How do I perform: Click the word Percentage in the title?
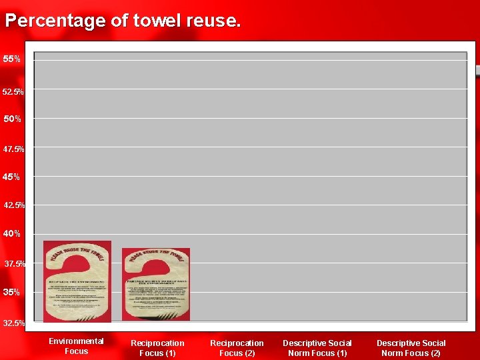click(x=55, y=21)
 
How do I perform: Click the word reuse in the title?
click(x=215, y=21)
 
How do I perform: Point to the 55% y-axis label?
click(x=11, y=59)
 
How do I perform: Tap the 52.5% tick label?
click(x=14, y=91)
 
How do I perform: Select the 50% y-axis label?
click(x=12, y=119)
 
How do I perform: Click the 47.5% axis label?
click(x=14, y=149)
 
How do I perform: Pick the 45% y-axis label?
click(x=12, y=177)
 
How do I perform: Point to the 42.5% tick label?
click(x=14, y=205)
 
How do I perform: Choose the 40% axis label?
click(x=12, y=234)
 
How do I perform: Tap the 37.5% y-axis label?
click(x=15, y=264)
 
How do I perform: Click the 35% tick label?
click(x=12, y=292)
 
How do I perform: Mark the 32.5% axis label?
click(x=14, y=323)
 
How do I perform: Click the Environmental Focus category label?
click(x=76, y=346)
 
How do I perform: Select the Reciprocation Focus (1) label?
click(x=157, y=348)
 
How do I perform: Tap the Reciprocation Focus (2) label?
click(x=237, y=348)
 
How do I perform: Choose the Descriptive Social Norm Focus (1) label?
click(x=317, y=348)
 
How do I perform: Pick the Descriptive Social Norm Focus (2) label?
click(x=411, y=348)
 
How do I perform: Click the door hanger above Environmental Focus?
click(x=77, y=281)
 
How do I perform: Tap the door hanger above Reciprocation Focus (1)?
click(x=156, y=283)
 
